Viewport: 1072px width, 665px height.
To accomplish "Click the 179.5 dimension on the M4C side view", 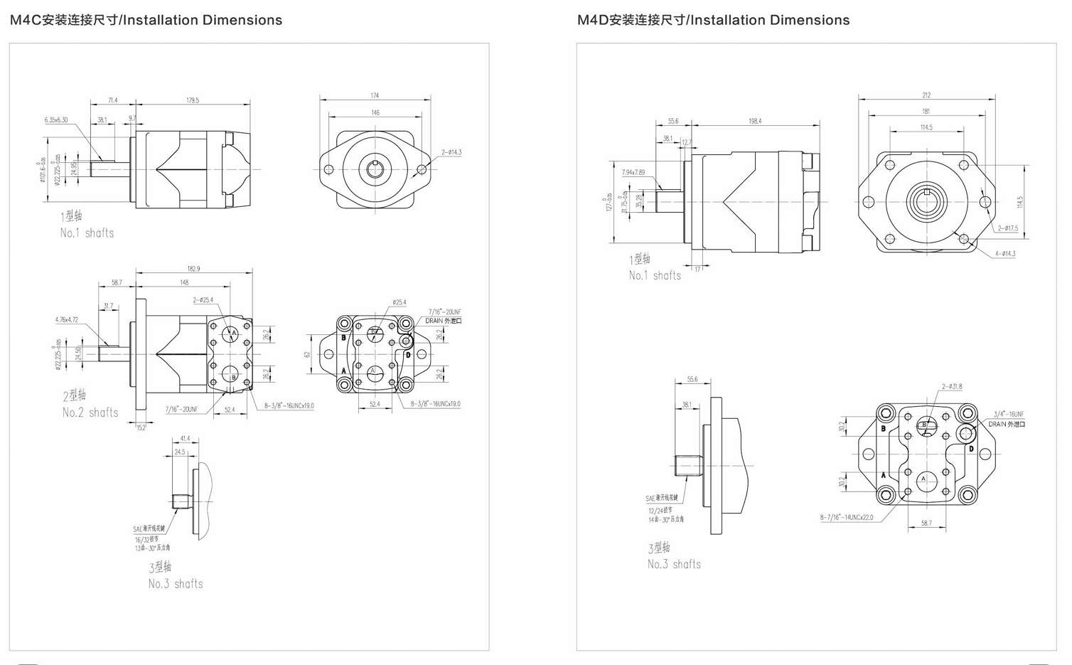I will coord(193,100).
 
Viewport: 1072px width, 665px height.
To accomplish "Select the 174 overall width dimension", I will coord(375,95).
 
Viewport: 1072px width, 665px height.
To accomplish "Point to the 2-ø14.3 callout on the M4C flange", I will coord(451,152).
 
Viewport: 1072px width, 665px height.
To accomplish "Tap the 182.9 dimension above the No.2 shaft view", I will coord(193,269).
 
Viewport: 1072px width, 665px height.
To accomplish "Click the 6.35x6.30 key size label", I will coord(56,120).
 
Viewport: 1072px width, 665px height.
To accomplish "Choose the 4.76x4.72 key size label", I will coord(67,320).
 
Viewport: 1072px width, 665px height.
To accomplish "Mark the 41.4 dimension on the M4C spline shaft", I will coord(185,439).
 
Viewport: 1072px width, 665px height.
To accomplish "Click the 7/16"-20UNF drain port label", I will coord(444,312).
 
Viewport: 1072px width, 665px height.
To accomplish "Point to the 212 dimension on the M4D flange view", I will coord(926,95).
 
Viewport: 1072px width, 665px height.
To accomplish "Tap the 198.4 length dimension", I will coord(755,122).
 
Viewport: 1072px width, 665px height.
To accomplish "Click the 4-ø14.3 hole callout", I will coord(1005,254).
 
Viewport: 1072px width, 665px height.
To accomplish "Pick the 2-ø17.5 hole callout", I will coord(1007,228).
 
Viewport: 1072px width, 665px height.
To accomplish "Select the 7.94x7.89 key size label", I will coord(633,172).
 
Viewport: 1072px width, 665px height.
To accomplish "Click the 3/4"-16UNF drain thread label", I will coord(1009,414).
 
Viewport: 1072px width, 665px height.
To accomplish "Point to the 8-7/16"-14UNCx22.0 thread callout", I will coord(846,517).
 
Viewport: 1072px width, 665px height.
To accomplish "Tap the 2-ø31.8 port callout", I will coord(952,387).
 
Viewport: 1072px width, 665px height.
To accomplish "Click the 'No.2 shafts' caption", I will coord(90,413).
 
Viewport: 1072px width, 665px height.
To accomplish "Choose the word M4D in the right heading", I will coord(594,21).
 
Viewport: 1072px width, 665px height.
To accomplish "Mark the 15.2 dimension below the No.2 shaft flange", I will coord(141,427).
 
